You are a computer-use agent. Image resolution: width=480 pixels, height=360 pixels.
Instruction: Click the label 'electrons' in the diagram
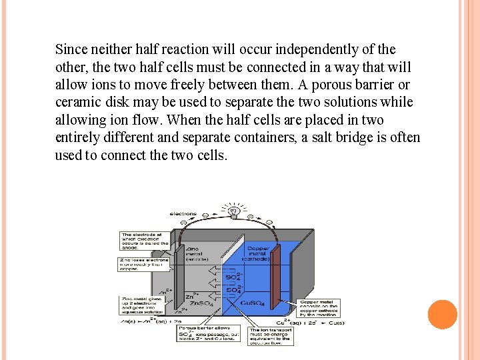(183, 214)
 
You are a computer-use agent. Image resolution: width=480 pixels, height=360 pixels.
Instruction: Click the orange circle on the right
(442, 314)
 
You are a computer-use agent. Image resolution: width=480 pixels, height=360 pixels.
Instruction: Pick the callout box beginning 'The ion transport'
(270, 334)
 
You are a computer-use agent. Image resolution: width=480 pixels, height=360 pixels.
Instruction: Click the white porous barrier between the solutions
(230, 280)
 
